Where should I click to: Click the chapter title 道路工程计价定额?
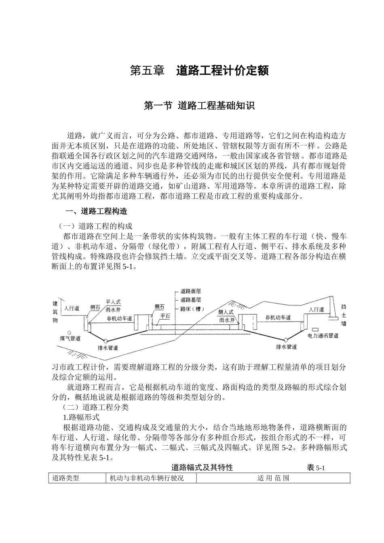(222, 71)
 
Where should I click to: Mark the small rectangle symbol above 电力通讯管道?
(315, 329)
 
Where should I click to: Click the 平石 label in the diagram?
(165, 316)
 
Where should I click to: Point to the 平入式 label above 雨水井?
(113, 302)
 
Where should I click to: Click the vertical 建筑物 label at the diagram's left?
(55, 311)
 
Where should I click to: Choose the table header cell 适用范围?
(273, 478)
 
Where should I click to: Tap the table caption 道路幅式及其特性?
(202, 468)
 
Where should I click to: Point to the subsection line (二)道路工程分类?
(95, 407)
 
